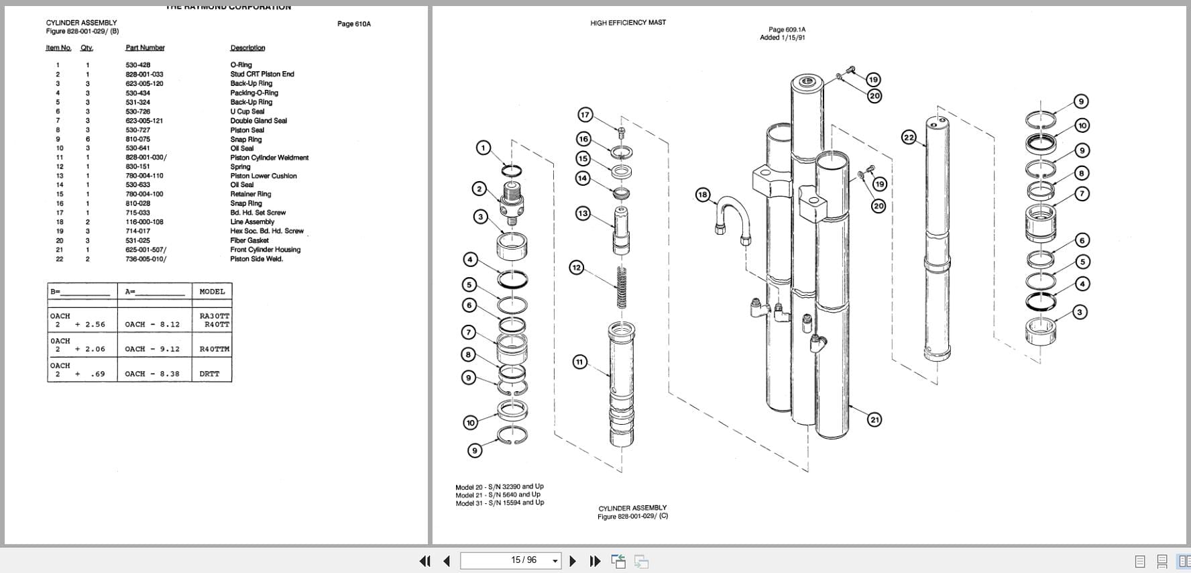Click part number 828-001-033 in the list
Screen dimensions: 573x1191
(144, 74)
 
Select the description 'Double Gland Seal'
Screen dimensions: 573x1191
(258, 121)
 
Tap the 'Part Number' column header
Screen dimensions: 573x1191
(145, 48)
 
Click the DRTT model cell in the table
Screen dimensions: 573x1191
(209, 374)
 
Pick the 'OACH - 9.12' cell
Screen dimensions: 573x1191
(152, 349)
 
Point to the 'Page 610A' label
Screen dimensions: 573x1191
(353, 24)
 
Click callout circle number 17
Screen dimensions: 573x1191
(585, 115)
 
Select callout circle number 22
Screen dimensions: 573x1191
(909, 138)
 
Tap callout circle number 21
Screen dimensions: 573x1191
(874, 420)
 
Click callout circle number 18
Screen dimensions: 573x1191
(702, 195)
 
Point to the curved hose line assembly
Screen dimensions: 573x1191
(732, 218)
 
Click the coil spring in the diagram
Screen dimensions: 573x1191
(622, 286)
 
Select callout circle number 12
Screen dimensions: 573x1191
(576, 268)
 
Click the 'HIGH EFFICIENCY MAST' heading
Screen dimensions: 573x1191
(628, 23)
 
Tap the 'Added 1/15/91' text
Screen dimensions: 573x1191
(782, 38)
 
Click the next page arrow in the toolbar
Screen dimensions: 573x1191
(573, 561)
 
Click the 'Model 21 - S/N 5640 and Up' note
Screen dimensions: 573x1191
(498, 494)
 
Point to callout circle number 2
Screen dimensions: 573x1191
(479, 189)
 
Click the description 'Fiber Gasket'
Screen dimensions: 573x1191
(249, 240)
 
